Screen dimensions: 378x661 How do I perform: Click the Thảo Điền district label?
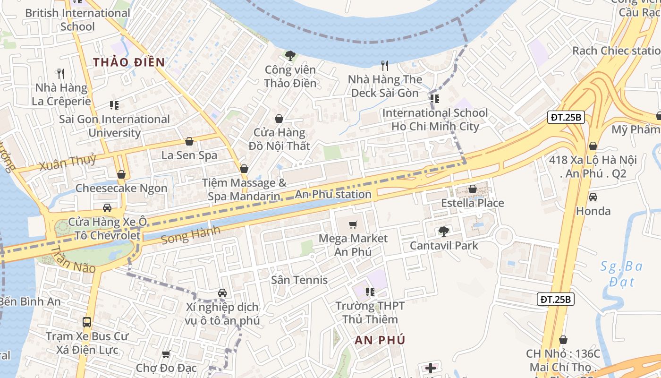pos(129,62)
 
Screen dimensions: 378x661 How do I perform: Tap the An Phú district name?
pos(380,340)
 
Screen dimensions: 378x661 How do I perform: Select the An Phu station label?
pos(333,194)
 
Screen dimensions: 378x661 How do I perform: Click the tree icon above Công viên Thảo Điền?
pos(290,56)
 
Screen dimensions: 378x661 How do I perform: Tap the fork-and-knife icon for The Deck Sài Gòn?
pos(385,65)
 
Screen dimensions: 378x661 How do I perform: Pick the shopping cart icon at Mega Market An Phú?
pos(353,224)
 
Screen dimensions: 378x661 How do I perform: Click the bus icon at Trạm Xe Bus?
pos(87,322)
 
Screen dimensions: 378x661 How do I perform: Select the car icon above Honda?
pos(593,197)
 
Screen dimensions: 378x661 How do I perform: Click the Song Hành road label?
pos(190,234)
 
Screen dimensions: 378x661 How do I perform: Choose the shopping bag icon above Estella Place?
pos(472,189)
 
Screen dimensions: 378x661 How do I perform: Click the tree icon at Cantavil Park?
pos(443,231)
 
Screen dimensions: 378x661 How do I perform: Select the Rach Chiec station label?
pos(616,51)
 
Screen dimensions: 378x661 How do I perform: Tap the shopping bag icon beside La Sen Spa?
pos(189,141)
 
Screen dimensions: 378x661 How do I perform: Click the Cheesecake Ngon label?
pos(121,188)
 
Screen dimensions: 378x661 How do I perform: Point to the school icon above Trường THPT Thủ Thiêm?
pos(370,292)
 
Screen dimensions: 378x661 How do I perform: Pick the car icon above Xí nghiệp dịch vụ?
pos(222,293)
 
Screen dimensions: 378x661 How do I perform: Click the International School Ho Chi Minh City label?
pos(435,120)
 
